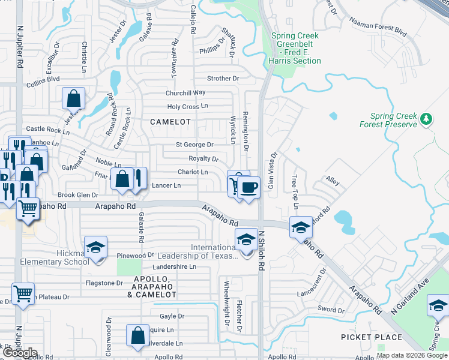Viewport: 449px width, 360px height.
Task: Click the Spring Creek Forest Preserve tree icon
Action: (427, 119)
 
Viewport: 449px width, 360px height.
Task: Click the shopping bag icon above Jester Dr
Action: (73, 98)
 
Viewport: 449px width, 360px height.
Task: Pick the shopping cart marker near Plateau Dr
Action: (23, 294)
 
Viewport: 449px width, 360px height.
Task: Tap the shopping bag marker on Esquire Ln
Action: (137, 335)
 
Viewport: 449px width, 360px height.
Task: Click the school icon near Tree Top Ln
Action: (301, 227)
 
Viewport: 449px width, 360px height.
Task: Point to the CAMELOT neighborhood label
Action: (170, 122)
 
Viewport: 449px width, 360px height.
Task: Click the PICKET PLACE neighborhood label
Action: (371, 337)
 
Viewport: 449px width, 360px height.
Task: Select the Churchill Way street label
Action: (186, 93)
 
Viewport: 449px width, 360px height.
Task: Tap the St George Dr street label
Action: (194, 145)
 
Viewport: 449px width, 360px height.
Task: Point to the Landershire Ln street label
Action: (175, 266)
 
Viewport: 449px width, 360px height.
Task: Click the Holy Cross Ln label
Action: (187, 107)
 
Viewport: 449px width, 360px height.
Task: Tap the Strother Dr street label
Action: (223, 79)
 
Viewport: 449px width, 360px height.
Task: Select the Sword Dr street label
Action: (331, 310)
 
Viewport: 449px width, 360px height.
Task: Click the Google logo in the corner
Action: (19, 353)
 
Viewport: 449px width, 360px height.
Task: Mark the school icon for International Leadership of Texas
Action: (246, 239)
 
